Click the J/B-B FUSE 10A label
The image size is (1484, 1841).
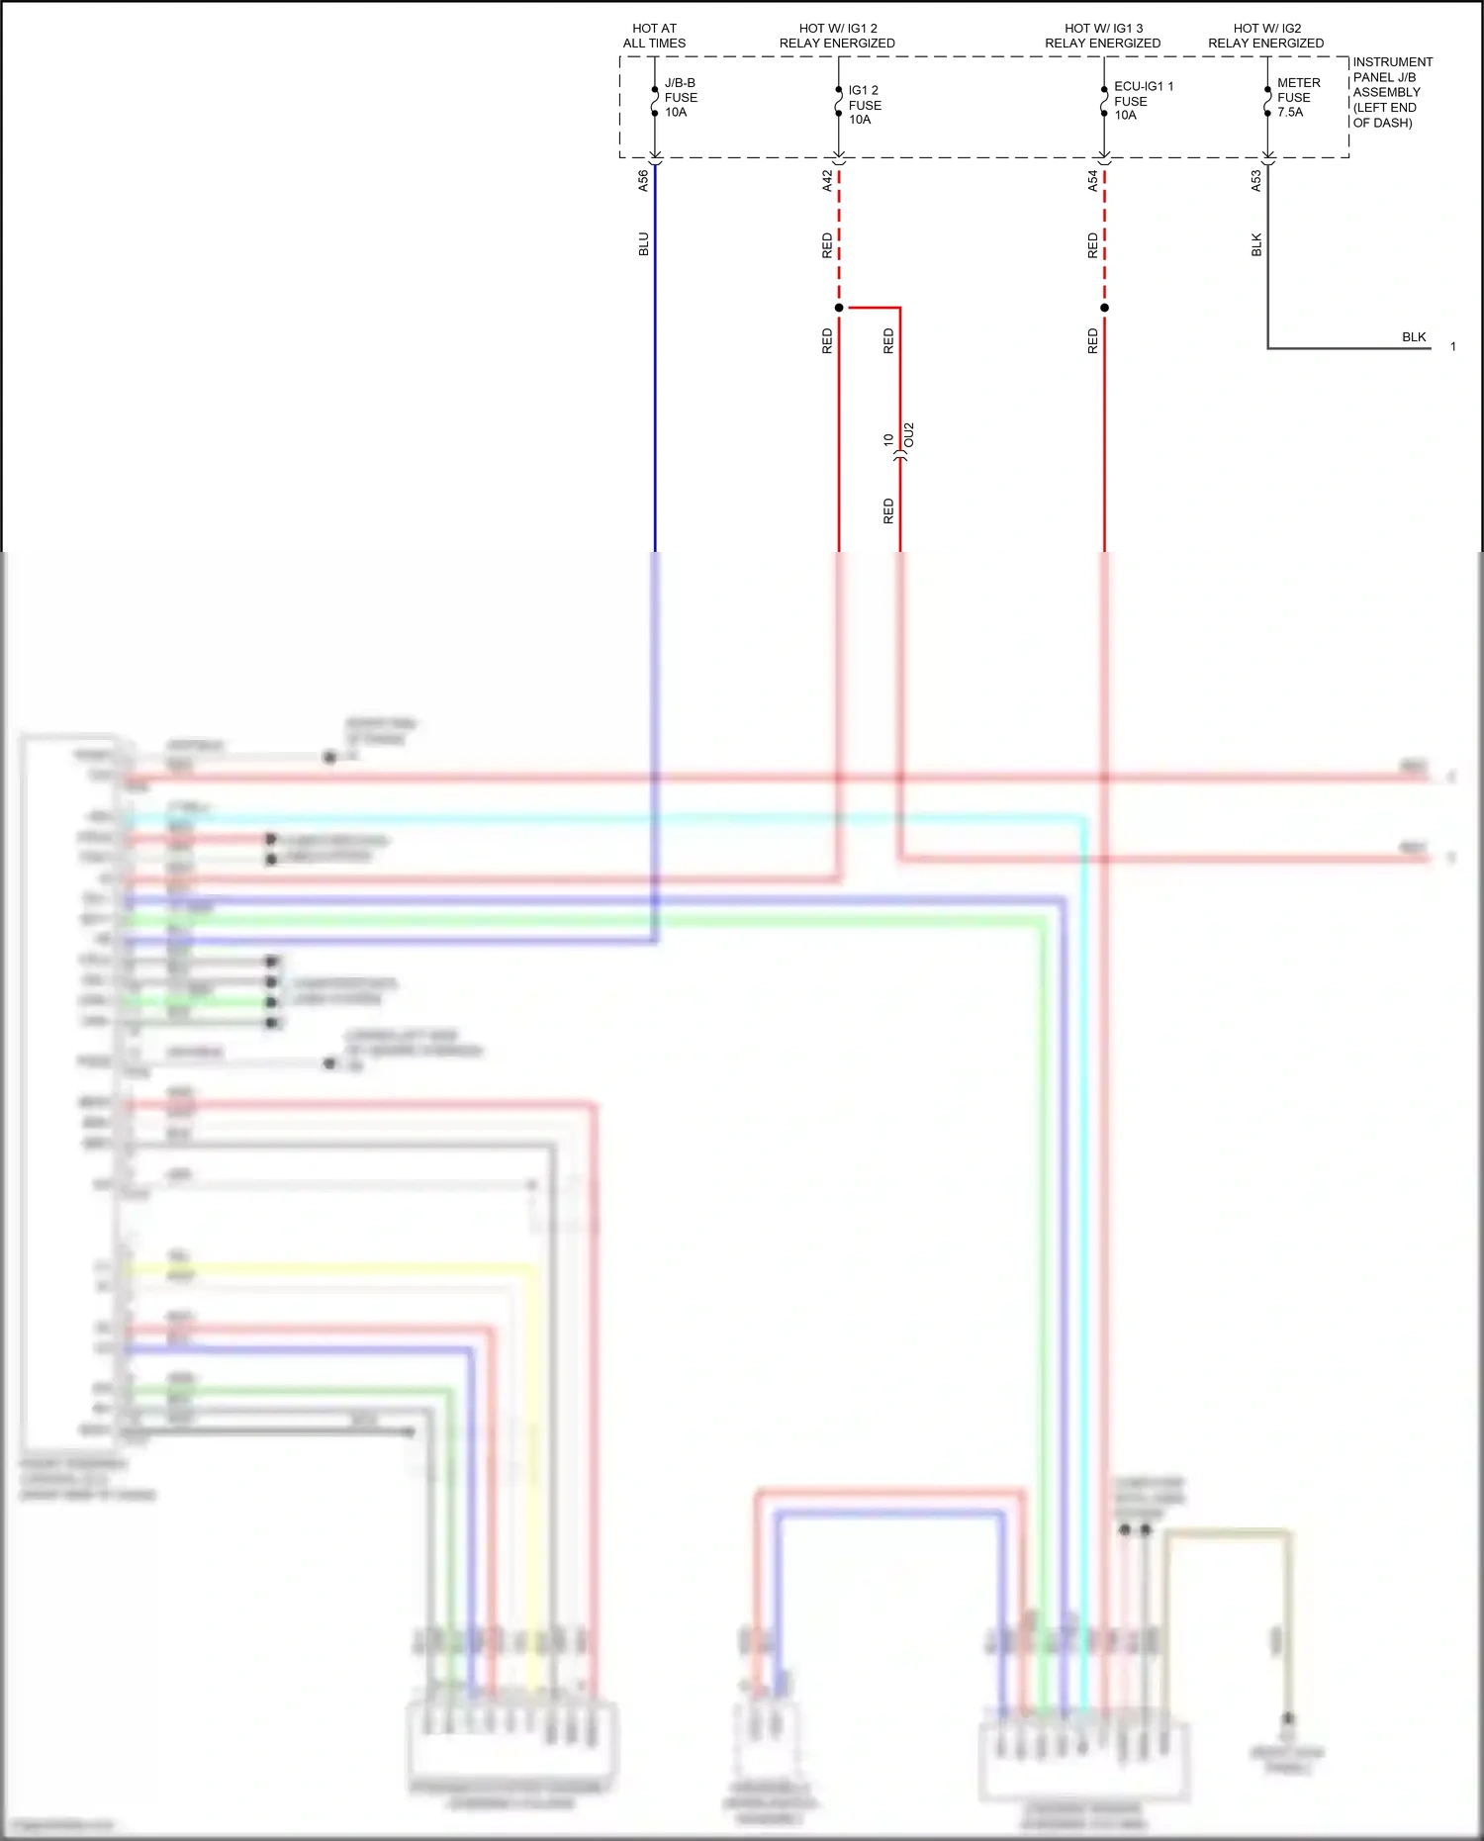point(680,98)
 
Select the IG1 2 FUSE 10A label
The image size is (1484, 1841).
point(864,105)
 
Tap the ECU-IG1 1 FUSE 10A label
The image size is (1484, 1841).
point(1142,101)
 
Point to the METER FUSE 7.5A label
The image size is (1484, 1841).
point(1297,98)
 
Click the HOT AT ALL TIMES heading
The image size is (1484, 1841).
point(654,37)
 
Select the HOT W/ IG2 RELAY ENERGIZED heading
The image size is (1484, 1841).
point(1265,37)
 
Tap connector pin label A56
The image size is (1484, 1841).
point(643,181)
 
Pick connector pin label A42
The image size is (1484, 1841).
point(827,181)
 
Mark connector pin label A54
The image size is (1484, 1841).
point(1092,181)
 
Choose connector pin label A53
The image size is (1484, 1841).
point(1255,181)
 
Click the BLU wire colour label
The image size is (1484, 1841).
point(643,244)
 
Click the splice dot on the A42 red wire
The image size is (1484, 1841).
point(839,308)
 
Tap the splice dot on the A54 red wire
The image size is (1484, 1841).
point(1104,308)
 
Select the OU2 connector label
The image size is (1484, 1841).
point(909,435)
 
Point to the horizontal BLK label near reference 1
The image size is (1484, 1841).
point(1414,337)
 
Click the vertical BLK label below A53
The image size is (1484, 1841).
point(1256,244)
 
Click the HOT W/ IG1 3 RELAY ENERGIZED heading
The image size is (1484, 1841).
point(1102,37)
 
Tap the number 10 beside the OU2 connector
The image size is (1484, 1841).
point(888,439)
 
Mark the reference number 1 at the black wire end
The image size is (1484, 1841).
point(1452,347)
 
